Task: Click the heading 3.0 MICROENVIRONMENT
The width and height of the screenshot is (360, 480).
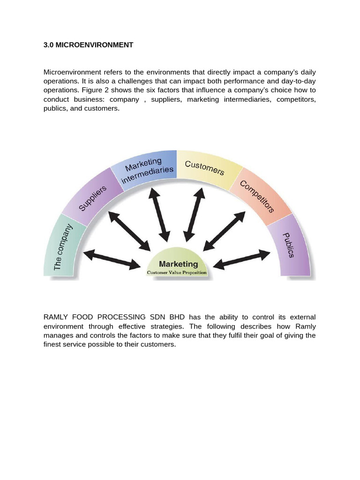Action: coord(88,45)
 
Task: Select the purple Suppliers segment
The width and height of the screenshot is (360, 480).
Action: coord(92,197)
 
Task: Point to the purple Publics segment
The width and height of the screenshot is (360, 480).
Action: coord(289,245)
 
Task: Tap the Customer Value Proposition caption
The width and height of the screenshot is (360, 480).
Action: coord(177,272)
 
